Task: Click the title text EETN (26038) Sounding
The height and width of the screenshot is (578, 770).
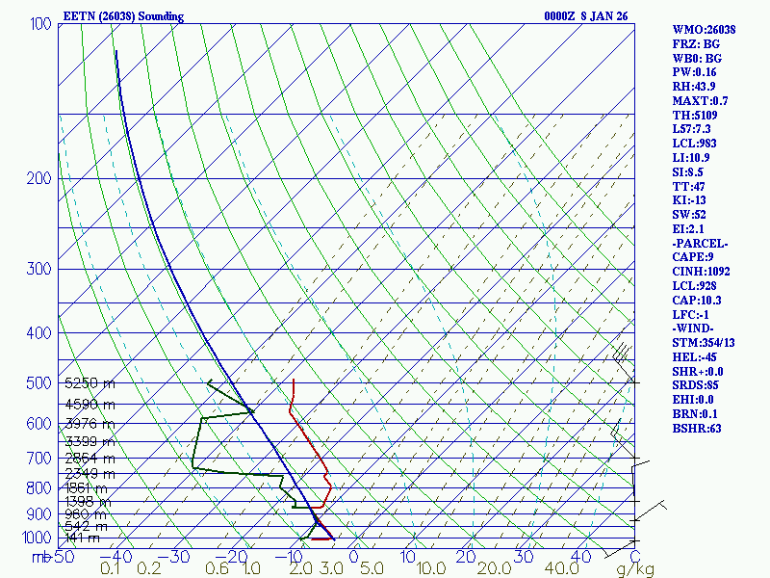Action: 122,16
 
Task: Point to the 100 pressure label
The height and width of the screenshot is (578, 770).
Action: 40,23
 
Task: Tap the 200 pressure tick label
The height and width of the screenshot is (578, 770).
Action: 40,178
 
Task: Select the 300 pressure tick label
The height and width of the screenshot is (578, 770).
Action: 40,269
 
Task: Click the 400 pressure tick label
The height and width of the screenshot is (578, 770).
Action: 40,333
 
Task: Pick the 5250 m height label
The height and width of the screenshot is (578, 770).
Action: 90,383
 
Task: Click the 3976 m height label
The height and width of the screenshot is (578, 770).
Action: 90,424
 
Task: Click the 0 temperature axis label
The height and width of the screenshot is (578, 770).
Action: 353,557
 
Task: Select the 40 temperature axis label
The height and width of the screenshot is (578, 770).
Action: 579,557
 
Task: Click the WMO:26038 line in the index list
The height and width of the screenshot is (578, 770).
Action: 704,30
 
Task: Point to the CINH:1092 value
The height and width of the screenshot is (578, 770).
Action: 701,272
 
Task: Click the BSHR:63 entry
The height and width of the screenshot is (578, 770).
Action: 697,429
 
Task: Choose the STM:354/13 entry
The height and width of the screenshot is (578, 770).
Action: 704,343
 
